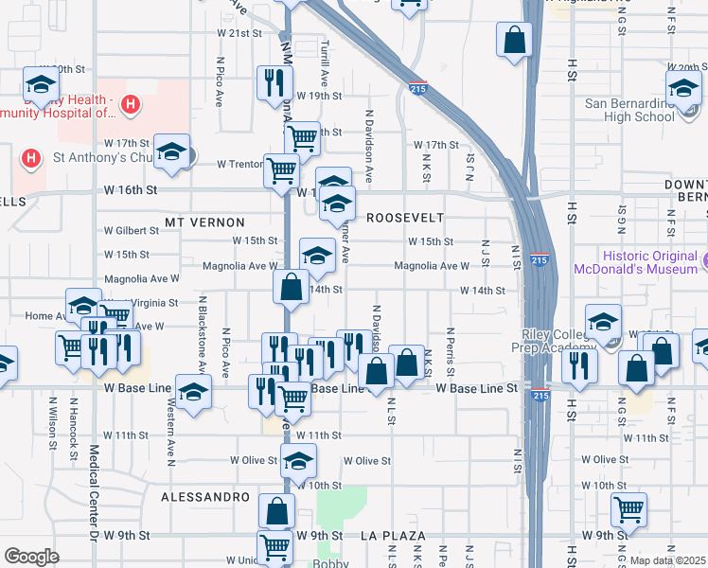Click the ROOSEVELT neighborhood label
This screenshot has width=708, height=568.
click(x=405, y=217)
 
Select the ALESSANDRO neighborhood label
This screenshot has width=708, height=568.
click(x=204, y=496)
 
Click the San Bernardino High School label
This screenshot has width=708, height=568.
click(x=629, y=110)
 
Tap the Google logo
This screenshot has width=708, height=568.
click(x=32, y=557)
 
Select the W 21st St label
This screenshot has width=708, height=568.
click(x=239, y=32)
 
